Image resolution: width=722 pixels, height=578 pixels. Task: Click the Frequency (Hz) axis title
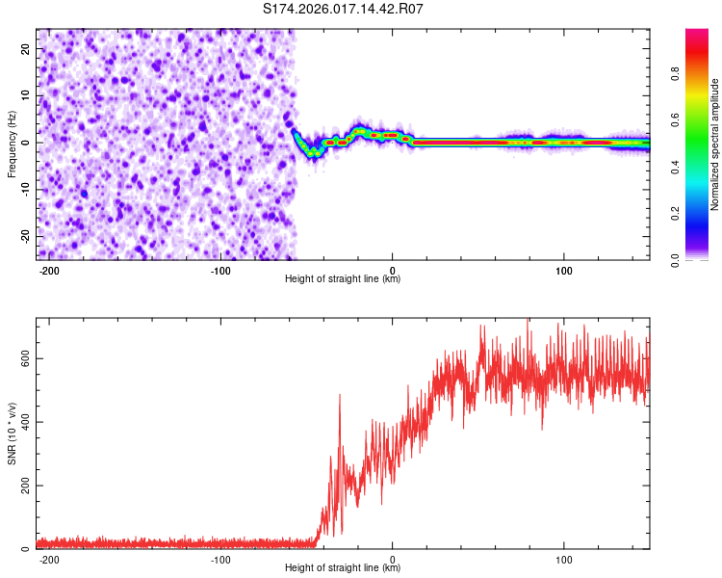[x=13, y=144]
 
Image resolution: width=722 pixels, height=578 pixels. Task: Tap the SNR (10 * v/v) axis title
[x=13, y=433]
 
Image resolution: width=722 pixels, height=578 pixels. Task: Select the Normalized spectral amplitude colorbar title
[x=715, y=144]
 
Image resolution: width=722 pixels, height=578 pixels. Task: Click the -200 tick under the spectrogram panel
[x=49, y=270]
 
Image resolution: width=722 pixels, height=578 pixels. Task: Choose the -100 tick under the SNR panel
[x=220, y=559]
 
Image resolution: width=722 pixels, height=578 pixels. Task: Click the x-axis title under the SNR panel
[x=343, y=568]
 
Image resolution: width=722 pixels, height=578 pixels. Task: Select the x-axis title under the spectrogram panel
[x=343, y=279]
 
